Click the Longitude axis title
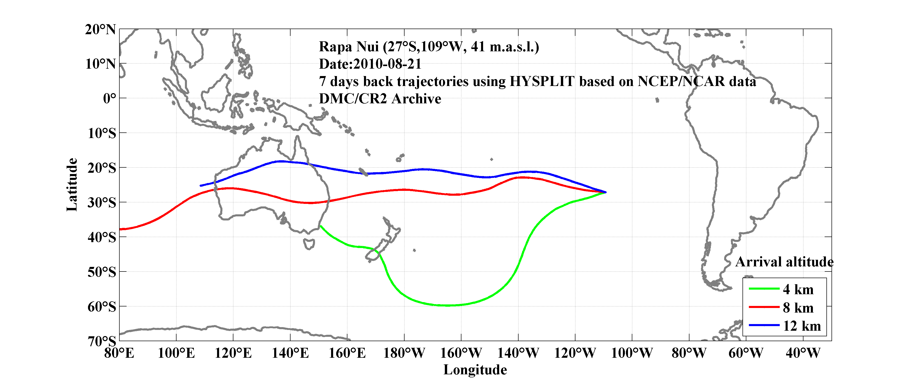(x=475, y=370)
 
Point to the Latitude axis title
(x=72, y=184)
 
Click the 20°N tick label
(x=100, y=29)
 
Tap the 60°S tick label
(x=102, y=307)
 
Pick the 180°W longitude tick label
(x=404, y=353)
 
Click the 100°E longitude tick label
(x=176, y=353)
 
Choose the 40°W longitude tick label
(x=803, y=353)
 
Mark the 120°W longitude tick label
(x=575, y=353)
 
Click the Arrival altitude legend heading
(x=784, y=262)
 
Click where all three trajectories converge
(x=606, y=192)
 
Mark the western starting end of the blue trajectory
(x=200, y=186)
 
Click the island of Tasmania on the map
(x=309, y=244)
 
